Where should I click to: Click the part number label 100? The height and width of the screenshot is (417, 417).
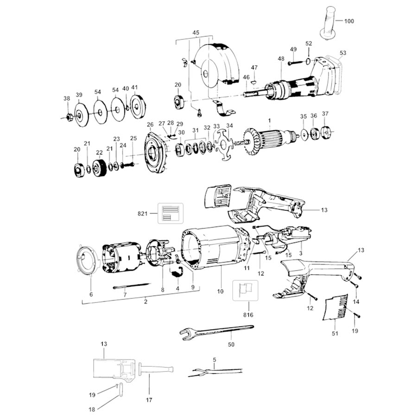click(349, 21)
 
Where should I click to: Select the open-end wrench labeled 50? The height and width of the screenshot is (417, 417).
click(216, 331)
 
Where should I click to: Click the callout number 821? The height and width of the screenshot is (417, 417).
click(143, 214)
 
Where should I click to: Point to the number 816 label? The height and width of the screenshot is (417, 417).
click(248, 315)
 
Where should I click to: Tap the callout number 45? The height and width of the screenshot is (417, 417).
click(196, 33)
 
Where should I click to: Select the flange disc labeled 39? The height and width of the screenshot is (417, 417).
click(79, 115)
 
